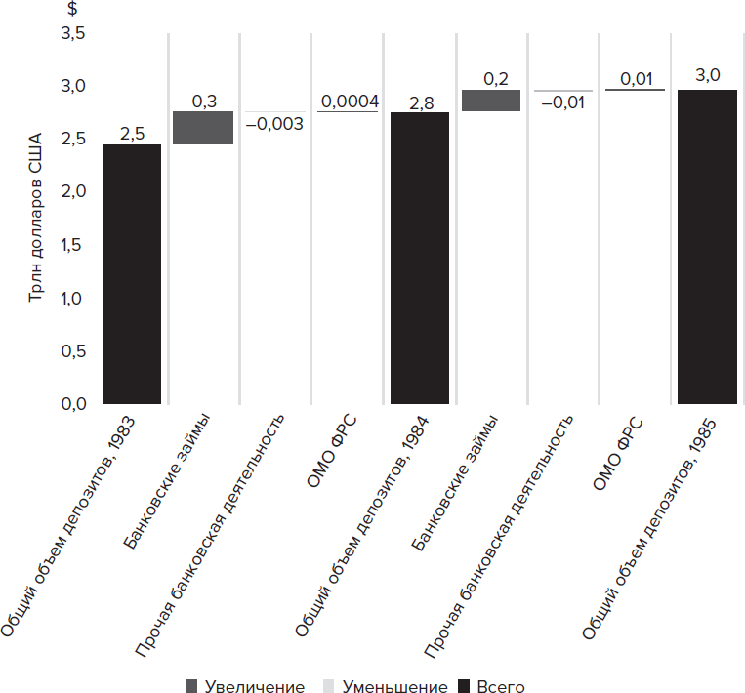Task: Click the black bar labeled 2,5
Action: coord(132,273)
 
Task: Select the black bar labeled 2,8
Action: coord(420,258)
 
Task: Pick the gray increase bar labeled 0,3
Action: coord(203,128)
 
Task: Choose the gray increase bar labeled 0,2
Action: coord(490,101)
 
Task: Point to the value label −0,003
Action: coord(274,124)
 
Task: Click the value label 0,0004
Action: coord(349,102)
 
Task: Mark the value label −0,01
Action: coord(561,102)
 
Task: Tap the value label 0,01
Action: coord(635,79)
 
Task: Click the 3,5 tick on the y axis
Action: coord(74,35)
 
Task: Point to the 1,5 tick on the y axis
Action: coord(74,246)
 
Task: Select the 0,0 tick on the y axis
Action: coord(74,404)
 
